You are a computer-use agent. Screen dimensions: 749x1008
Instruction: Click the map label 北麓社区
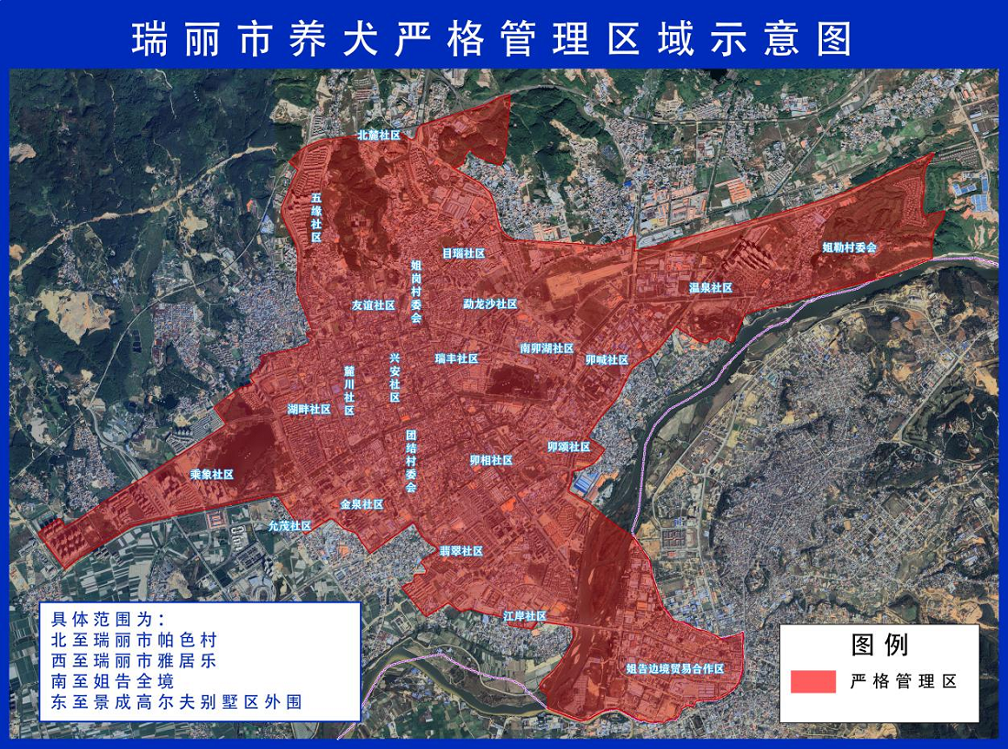[x=378, y=135]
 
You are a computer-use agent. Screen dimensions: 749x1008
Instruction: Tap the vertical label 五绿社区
[x=316, y=217]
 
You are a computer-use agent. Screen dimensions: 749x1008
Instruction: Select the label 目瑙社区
[x=463, y=253]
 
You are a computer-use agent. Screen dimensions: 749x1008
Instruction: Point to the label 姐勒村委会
[x=849, y=248]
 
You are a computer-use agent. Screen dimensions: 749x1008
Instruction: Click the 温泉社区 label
[x=711, y=288]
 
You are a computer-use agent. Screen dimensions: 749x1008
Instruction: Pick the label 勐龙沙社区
[x=490, y=303]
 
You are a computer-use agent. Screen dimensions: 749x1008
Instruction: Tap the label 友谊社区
[x=373, y=305]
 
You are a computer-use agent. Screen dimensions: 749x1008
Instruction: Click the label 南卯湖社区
[x=546, y=348]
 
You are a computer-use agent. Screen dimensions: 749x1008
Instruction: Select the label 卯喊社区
[x=608, y=360]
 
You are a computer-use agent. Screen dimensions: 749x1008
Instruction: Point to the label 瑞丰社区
[x=457, y=358]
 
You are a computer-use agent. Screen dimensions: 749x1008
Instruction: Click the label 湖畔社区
[x=309, y=409]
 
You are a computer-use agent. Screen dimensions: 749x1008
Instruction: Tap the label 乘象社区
[x=212, y=475]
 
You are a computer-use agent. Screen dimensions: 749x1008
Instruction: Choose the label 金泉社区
[x=362, y=504]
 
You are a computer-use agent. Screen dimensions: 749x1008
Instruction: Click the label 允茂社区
[x=290, y=526]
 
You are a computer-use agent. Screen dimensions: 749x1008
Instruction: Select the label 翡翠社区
[x=461, y=551]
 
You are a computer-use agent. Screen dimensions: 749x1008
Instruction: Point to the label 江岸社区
[x=525, y=616]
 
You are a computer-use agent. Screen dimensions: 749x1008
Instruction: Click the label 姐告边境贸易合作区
[x=675, y=669]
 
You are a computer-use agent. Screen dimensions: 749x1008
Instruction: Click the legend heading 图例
[x=880, y=644]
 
